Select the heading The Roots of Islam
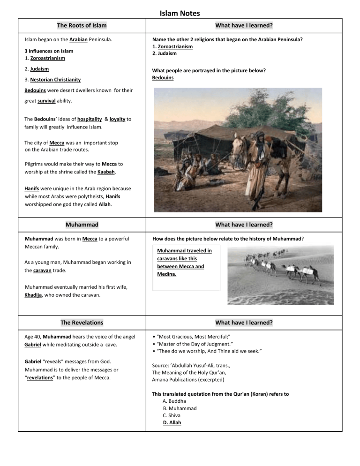[x=82, y=25]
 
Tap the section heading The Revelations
[x=82, y=323]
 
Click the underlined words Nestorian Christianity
[x=55, y=80]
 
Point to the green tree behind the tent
[x=225, y=103]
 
